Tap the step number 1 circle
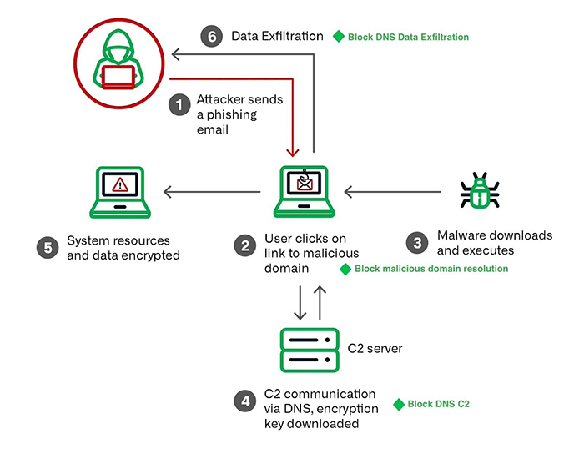coord(178,105)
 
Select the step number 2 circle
coord(245,245)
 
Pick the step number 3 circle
coord(416,243)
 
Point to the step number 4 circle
coord(245,401)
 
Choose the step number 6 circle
coord(212,36)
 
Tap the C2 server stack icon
coord(309,348)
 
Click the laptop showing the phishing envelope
coord(303,191)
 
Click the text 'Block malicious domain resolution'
coord(430,269)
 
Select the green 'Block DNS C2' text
coord(438,404)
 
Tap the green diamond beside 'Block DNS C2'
coord(398,404)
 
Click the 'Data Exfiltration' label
coord(277,36)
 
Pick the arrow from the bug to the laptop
coord(392,193)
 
